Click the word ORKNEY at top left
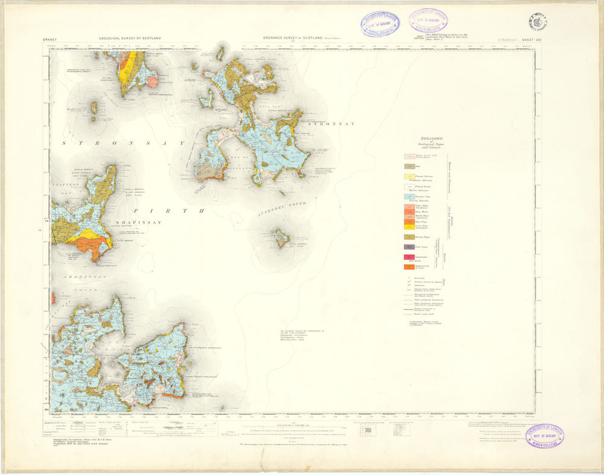[x=50, y=39]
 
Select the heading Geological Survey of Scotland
[x=130, y=39]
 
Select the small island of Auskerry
[x=280, y=237]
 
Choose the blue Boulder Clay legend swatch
[x=409, y=197]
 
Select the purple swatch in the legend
[x=409, y=247]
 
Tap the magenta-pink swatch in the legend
[x=409, y=257]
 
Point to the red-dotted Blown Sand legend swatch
[x=409, y=155]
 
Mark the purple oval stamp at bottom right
[x=544, y=436]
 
